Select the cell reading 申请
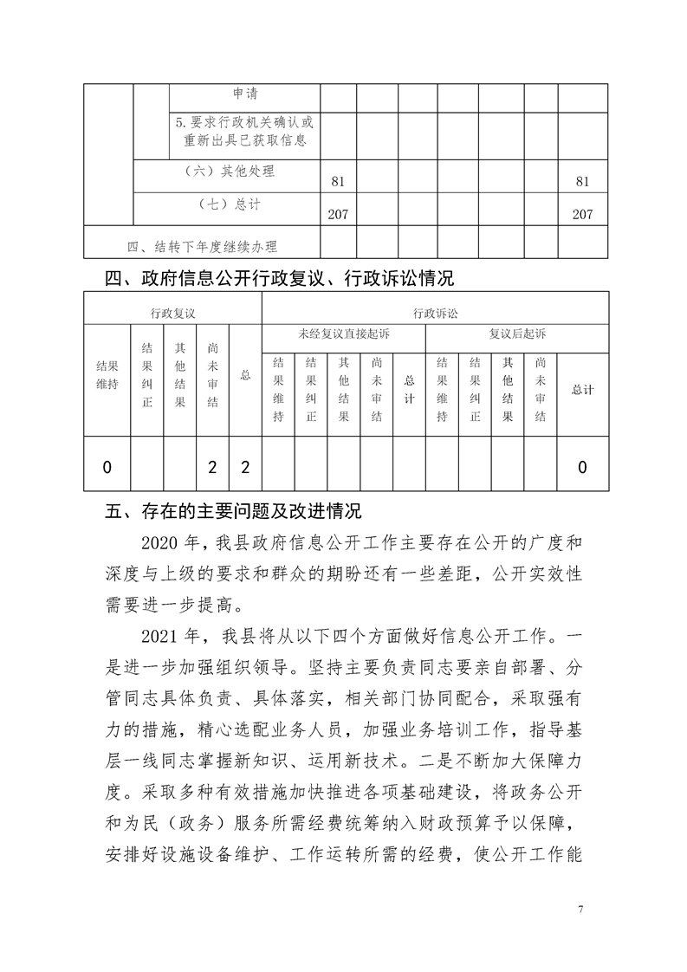[x=245, y=94]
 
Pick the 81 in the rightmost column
[x=582, y=182]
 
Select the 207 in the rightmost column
[x=582, y=215]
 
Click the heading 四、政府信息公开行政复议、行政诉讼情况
[x=279, y=279]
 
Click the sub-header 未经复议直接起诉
[x=344, y=334]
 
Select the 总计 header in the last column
[x=582, y=390]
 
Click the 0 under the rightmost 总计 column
[x=582, y=468]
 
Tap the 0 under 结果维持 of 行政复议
[x=107, y=468]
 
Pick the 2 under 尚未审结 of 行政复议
[x=212, y=468]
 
